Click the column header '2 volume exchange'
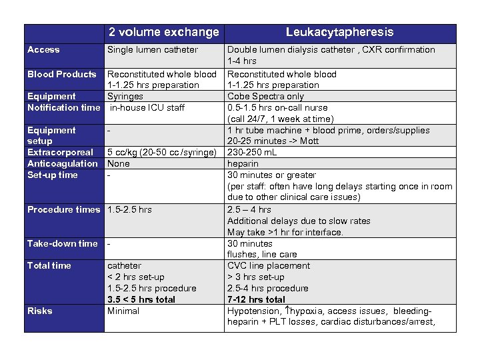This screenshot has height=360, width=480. pos(163,32)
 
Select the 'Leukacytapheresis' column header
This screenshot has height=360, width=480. pos(339,32)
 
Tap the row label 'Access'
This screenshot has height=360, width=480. pos(43,49)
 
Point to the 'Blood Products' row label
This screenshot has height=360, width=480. pos(61,74)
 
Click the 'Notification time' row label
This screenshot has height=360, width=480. pos(63,107)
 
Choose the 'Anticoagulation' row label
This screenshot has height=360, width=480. pos(62,163)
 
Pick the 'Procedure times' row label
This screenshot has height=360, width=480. pos(63,209)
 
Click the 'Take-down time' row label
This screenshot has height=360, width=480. pos(62,243)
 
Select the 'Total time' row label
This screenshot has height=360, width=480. pos(49,265)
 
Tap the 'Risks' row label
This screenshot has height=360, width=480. pos(39,311)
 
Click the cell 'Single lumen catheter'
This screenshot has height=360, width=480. pos(153,49)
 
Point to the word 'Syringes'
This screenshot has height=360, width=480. pos(125,97)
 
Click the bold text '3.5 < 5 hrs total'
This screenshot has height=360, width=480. pos(141,299)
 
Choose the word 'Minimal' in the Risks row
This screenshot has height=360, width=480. pos(123,311)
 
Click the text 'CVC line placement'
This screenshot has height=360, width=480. pos(269,265)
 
